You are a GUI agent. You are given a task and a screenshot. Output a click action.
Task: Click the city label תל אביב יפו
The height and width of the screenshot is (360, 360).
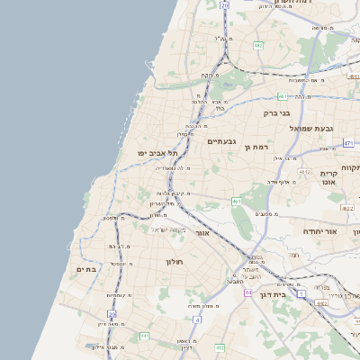pyautogui.click(x=155, y=154)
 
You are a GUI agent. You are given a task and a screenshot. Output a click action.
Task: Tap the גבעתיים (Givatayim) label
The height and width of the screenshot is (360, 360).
pyautogui.click(x=221, y=141)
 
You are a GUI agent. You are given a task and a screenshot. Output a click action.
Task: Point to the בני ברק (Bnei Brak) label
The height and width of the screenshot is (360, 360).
pyautogui.click(x=276, y=114)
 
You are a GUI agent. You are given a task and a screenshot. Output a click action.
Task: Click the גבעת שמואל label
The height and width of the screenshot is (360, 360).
pyautogui.click(x=311, y=129)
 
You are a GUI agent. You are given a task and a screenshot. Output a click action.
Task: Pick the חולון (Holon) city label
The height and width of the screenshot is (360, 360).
pyautogui.click(x=174, y=262)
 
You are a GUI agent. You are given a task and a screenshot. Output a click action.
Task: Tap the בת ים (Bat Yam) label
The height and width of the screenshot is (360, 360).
pyautogui.click(x=85, y=268)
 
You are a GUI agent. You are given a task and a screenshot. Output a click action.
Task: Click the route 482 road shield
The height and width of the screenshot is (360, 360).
pyautogui.click(x=258, y=44)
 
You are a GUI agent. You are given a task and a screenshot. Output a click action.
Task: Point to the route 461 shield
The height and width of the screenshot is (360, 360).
pyautogui.click(x=237, y=201)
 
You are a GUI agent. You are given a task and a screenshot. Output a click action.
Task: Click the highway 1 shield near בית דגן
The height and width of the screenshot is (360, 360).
pyautogui.click(x=302, y=293)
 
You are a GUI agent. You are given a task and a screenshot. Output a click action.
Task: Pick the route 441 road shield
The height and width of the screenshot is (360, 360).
pyautogui.click(x=143, y=336)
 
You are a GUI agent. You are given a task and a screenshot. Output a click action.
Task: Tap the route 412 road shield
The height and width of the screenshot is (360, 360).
pyautogui.click(x=305, y=172)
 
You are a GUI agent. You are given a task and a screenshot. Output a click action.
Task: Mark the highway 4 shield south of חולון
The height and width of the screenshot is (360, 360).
pyautogui.click(x=197, y=319)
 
